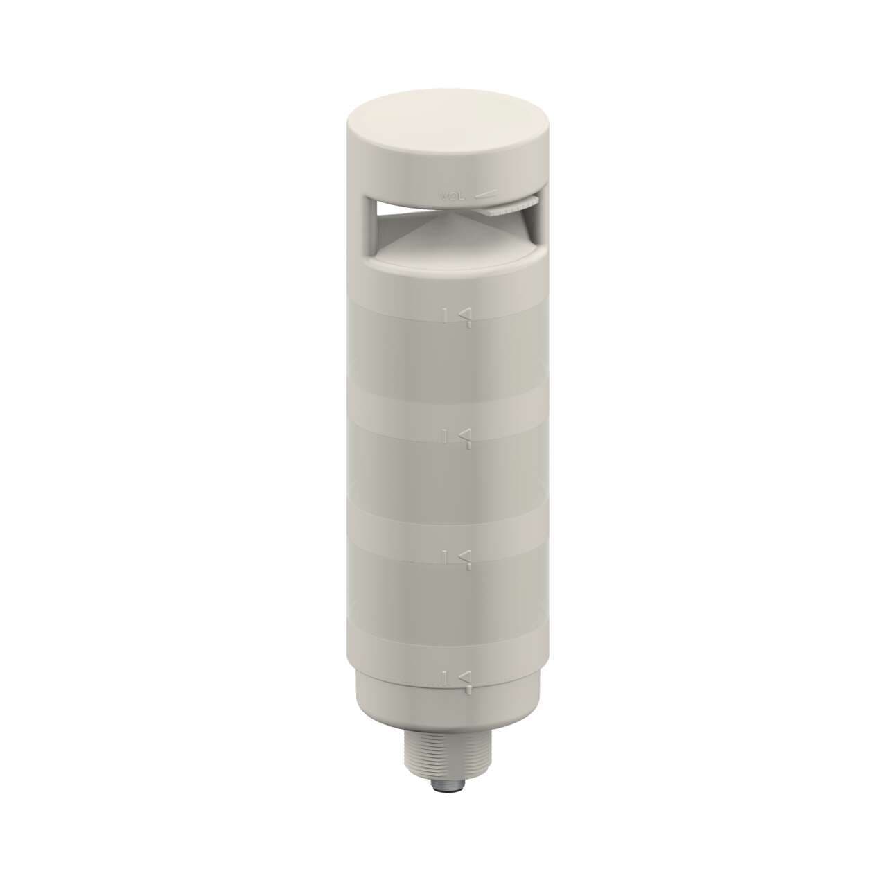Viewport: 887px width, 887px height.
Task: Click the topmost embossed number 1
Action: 446,315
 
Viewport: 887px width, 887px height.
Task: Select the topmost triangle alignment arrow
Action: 466,315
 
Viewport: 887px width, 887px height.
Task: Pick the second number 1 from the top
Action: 446,435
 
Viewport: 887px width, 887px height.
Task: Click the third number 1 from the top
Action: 446,556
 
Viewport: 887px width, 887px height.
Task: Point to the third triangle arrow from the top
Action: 466,556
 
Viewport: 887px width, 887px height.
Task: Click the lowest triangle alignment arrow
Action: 466,677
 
